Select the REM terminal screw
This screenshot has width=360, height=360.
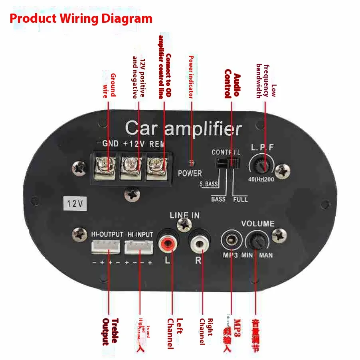[157, 164]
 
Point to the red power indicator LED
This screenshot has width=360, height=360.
[192, 163]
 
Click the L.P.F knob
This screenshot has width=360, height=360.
[261, 165]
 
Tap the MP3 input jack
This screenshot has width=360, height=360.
[230, 241]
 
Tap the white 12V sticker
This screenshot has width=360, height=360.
[75, 204]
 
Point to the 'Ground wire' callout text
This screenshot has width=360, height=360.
[109, 85]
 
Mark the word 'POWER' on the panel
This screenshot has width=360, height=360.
[190, 174]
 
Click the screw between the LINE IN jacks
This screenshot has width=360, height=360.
[184, 227]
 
